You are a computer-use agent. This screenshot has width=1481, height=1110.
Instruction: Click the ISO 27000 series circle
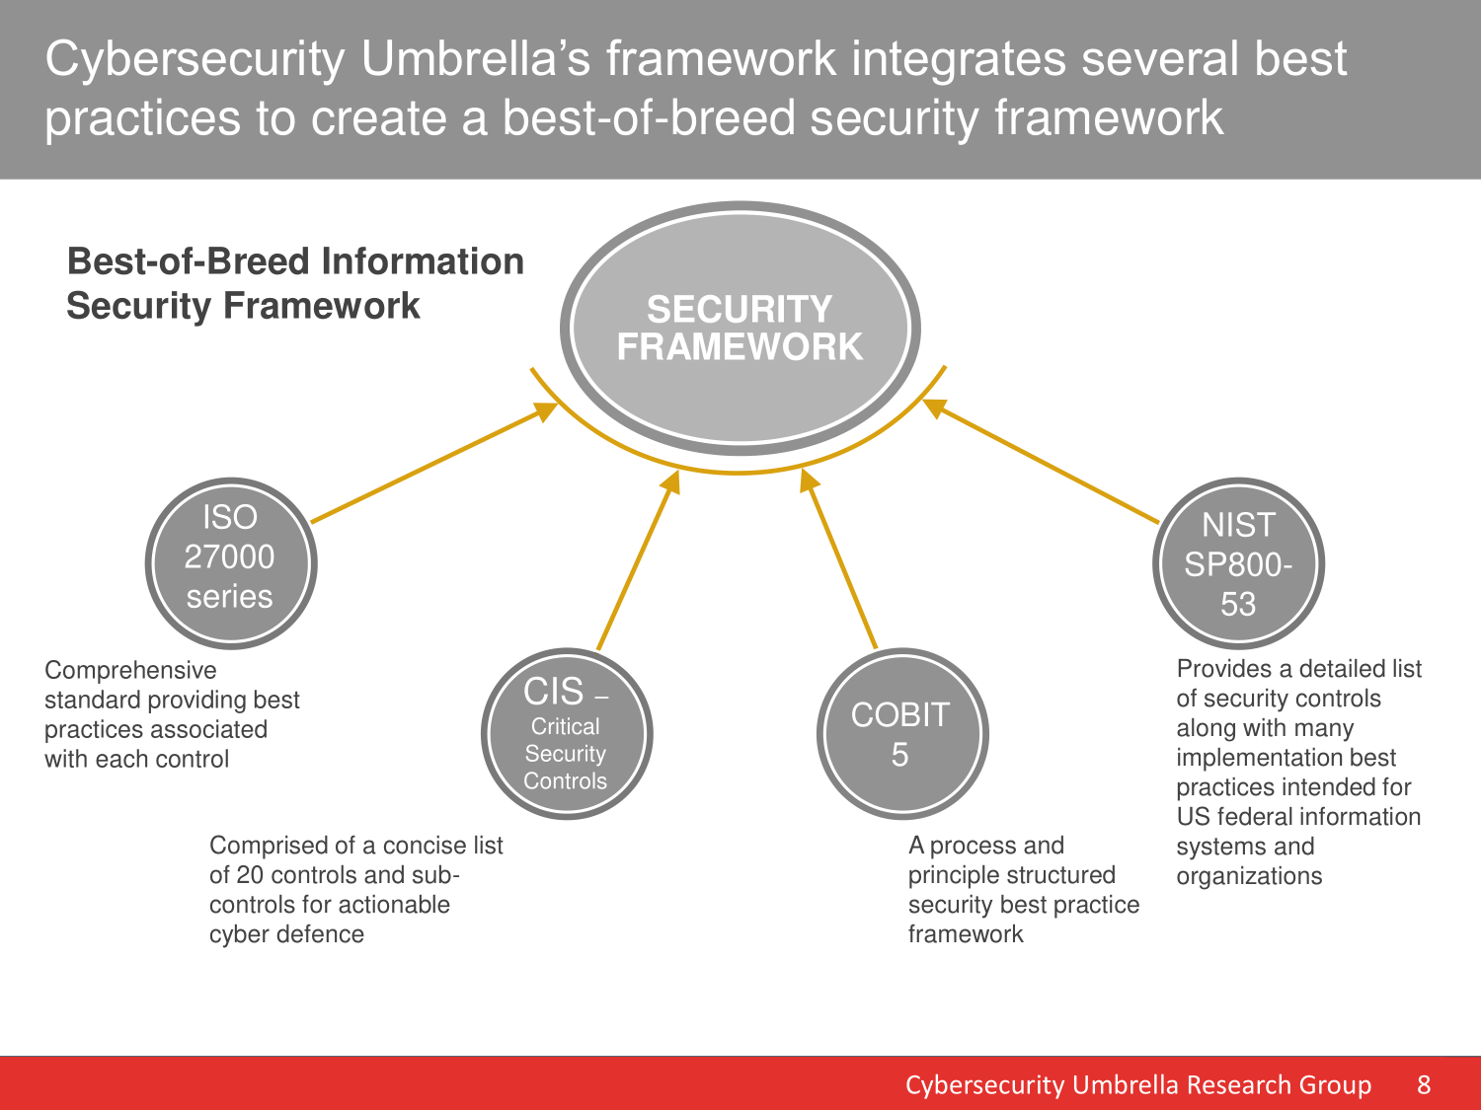[x=231, y=563]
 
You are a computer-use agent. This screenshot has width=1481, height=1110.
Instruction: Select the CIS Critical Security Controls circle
[x=567, y=734]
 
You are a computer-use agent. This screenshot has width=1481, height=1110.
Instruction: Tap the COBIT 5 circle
[x=902, y=734]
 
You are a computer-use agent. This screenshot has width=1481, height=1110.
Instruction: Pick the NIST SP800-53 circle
[x=1238, y=563]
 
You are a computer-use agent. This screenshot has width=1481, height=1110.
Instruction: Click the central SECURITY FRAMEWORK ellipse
[x=740, y=329]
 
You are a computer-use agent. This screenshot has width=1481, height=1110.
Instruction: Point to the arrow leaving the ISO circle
[x=433, y=463]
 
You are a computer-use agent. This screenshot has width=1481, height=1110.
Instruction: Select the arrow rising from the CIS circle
[x=638, y=560]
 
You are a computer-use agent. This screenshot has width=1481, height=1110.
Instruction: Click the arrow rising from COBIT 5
[x=838, y=558]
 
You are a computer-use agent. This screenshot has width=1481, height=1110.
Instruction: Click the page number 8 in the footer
[x=1424, y=1085]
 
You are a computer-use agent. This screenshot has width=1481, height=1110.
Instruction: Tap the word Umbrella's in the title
[x=476, y=58]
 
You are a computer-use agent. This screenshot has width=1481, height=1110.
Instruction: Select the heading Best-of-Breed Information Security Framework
[x=295, y=283]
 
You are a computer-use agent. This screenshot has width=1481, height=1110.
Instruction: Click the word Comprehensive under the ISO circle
[x=130, y=671]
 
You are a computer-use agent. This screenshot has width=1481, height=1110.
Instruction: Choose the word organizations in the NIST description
[x=1249, y=876]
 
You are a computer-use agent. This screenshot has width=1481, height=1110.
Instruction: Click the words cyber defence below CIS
[x=286, y=934]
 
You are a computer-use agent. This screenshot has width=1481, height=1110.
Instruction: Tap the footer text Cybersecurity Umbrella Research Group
[x=1138, y=1085]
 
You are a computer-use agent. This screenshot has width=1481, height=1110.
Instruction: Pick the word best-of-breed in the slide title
[x=649, y=118]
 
